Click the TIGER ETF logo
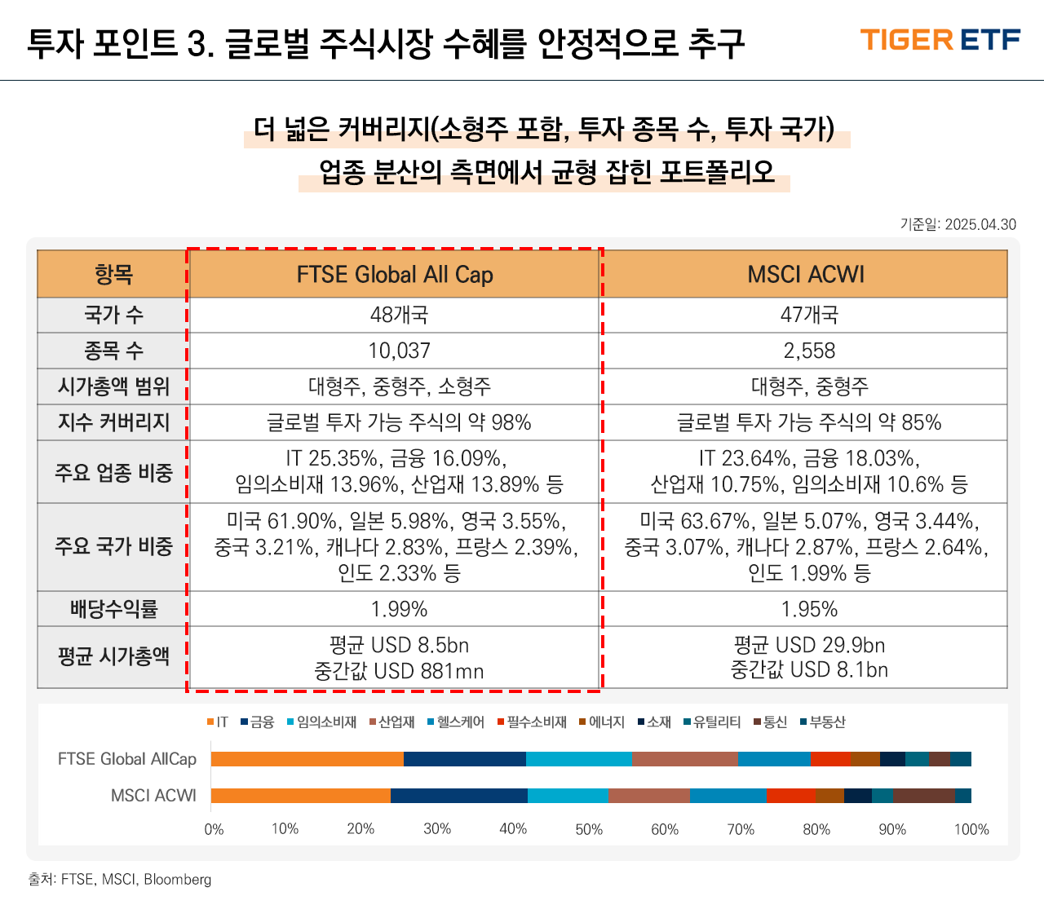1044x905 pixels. click(940, 40)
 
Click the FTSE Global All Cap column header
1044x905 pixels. click(395, 274)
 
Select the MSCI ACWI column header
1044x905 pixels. click(806, 274)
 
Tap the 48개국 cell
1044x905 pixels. click(399, 315)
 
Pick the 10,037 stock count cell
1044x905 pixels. click(399, 351)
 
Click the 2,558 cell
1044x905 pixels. click(809, 351)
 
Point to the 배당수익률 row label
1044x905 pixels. click(113, 608)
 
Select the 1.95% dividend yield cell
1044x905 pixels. click(809, 609)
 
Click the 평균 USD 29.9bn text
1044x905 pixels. click(809, 645)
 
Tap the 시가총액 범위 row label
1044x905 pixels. click(113, 386)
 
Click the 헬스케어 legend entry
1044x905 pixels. click(456, 722)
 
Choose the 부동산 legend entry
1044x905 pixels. click(823, 722)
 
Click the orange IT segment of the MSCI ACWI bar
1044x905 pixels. click(300, 796)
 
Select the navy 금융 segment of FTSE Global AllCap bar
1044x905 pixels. click(465, 759)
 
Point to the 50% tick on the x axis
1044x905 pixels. click(589, 829)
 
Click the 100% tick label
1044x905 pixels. click(971, 829)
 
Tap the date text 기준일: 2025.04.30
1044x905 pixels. click(958, 224)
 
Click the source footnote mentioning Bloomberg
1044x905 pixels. click(120, 879)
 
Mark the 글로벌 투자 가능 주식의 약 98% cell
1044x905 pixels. click(399, 422)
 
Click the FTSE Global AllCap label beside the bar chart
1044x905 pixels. click(126, 759)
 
